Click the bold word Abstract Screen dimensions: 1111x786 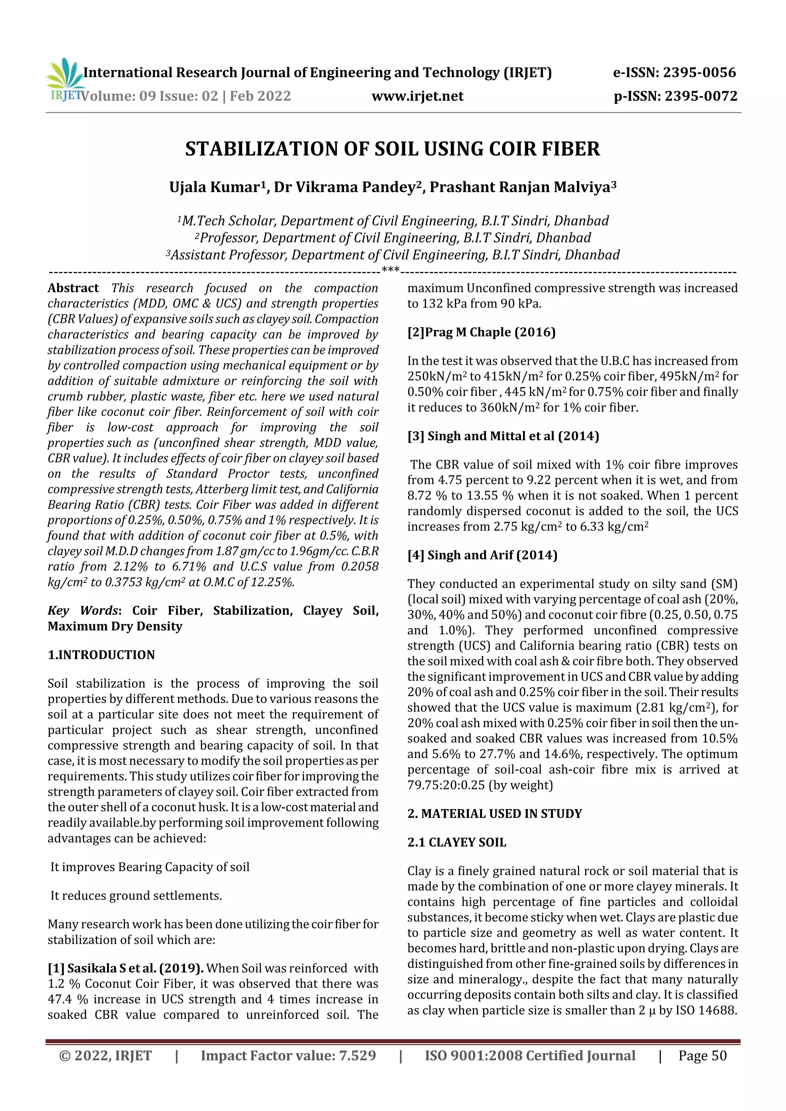73,288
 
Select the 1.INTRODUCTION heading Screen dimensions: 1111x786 101,655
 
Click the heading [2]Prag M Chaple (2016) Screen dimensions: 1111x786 481,332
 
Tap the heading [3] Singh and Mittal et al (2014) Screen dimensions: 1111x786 503,436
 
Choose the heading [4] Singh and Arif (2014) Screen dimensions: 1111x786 482,555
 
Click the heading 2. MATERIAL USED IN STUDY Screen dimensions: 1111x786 494,813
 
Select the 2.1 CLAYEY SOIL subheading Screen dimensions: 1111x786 456,843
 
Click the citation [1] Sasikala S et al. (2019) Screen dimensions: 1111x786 125,968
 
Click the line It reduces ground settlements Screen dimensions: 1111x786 136,896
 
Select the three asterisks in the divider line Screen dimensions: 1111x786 390,270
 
